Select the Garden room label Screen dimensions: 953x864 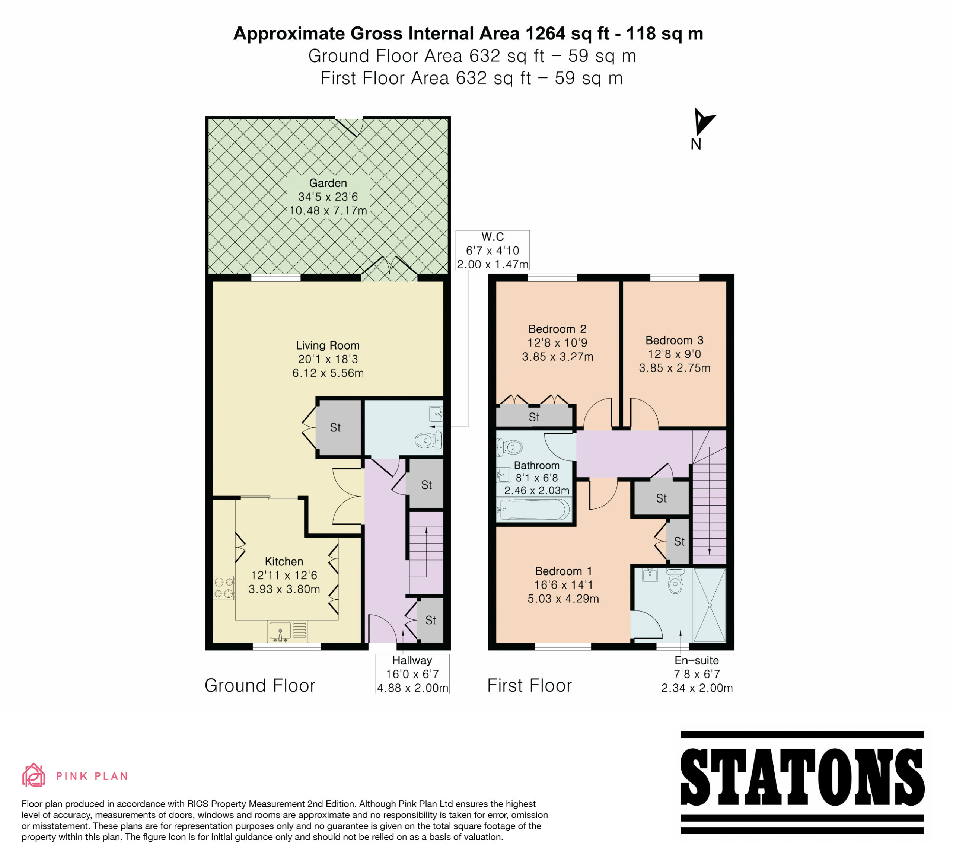coord(328,183)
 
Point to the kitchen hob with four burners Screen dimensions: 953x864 coord(224,587)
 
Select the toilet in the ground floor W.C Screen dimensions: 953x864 coord(429,440)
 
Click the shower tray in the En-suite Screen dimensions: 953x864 coord(709,605)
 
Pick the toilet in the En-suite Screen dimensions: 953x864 coord(675,580)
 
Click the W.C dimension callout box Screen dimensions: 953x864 coord(492,250)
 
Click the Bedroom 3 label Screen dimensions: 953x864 coord(675,340)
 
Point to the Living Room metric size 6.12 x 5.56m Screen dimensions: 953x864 coord(328,373)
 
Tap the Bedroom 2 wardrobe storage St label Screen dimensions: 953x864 coord(534,417)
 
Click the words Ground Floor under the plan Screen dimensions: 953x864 coord(260,685)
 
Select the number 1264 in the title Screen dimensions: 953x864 coord(545,34)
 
